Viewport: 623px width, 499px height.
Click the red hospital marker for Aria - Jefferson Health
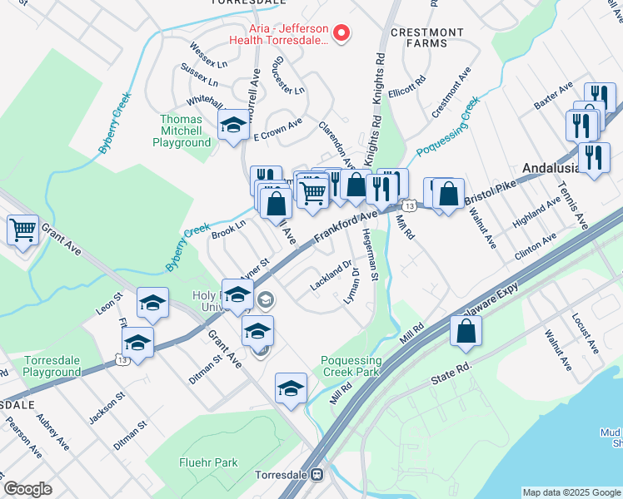coord(341,33)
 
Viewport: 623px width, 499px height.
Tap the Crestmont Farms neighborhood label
coord(427,38)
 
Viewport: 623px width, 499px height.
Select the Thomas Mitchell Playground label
coord(181,131)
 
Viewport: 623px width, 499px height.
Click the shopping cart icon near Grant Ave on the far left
coord(22,229)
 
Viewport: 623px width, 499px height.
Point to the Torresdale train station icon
coord(316,475)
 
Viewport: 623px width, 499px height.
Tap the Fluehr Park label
coord(207,462)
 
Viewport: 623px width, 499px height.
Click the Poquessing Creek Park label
coord(351,367)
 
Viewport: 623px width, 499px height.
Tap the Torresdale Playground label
coord(52,368)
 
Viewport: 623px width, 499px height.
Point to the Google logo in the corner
coord(28,489)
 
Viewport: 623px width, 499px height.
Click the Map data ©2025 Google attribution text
coord(571,492)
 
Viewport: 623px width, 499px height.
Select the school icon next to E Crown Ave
coord(233,126)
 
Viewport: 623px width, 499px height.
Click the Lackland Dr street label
coord(329,278)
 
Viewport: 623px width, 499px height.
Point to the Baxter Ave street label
coord(555,96)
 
